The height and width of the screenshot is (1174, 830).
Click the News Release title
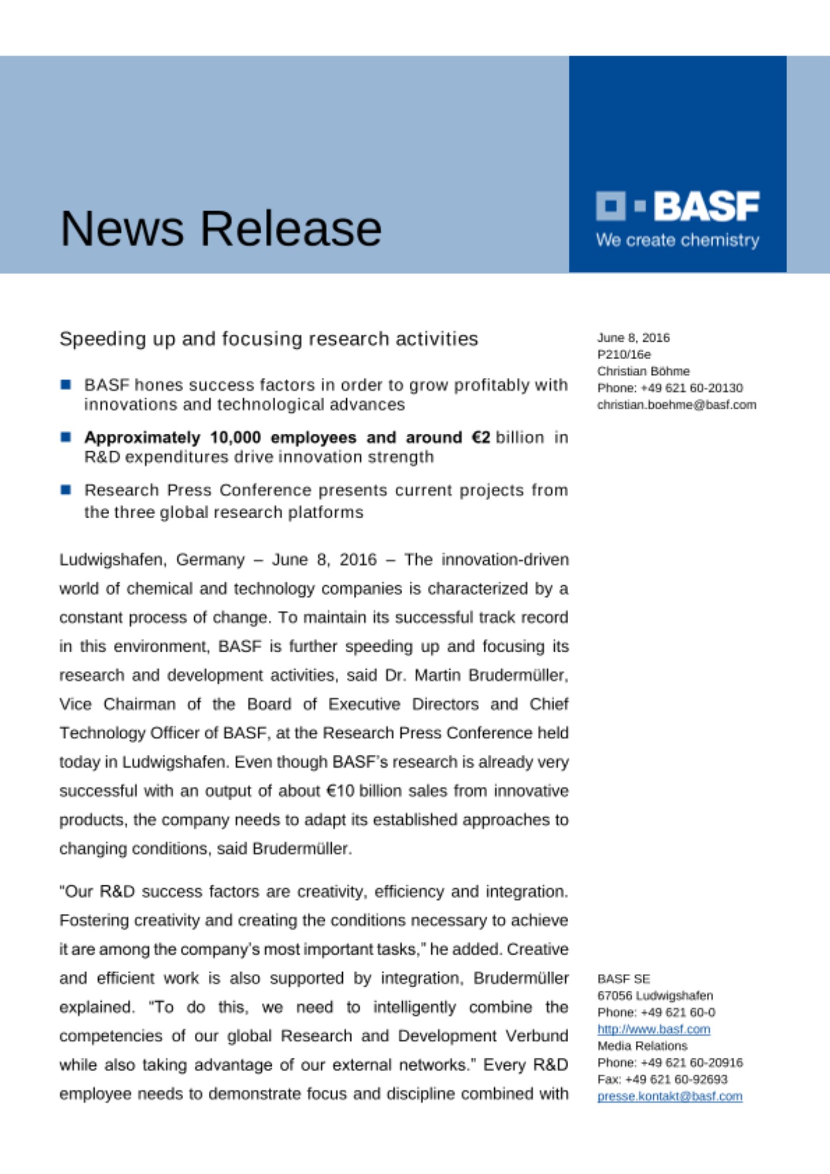(221, 228)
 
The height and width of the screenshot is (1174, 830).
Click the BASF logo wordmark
(706, 206)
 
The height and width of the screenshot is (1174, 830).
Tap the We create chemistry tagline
(677, 240)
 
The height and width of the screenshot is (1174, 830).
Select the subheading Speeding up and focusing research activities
(269, 339)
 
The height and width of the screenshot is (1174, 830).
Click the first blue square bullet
(66, 385)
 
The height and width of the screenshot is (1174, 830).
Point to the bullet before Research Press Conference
(66, 490)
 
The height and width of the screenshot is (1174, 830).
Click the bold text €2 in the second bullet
(481, 437)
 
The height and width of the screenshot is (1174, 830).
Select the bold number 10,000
(235, 437)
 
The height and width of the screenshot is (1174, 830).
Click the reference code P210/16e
(624, 354)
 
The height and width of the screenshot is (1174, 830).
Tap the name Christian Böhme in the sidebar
(643, 371)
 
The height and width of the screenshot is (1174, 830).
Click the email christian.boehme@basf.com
(676, 404)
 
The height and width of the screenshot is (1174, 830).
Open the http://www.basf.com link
(653, 1029)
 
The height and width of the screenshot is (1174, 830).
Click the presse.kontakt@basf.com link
(670, 1096)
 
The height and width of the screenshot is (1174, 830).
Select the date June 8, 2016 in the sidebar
(633, 338)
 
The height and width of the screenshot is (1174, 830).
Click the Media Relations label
(642, 1045)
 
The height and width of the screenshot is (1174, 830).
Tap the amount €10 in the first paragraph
(340, 791)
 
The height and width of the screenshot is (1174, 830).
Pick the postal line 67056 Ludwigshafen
(655, 996)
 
